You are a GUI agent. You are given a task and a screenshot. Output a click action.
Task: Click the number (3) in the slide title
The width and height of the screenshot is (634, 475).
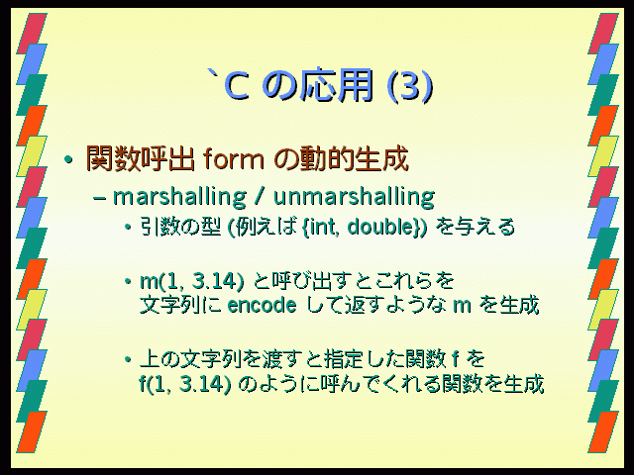coord(410,86)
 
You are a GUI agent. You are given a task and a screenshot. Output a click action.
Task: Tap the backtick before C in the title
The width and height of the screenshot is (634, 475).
coord(213,75)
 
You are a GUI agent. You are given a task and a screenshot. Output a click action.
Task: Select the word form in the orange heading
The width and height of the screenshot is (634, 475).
coord(234,158)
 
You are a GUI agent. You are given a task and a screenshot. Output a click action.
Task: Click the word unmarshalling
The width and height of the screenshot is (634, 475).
coord(355,197)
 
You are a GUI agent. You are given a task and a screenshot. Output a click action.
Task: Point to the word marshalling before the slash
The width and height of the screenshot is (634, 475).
coord(179,197)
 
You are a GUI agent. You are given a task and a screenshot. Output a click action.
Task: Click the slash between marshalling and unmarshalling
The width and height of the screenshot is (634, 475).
coord(260,197)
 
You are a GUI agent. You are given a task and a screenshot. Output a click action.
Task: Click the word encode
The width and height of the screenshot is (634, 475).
coord(262,305)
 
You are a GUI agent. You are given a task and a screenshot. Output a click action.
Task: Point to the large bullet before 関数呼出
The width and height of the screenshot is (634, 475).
coord(68,160)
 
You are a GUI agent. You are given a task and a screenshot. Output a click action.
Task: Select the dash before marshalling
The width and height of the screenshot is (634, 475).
coord(99,199)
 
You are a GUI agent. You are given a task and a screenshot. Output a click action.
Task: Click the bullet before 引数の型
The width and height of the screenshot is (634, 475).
coord(128,227)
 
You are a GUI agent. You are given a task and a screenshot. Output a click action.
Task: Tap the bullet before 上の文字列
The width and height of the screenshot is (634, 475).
coord(128,359)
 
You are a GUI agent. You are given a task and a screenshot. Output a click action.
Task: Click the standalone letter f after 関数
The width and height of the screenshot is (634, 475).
coord(456,359)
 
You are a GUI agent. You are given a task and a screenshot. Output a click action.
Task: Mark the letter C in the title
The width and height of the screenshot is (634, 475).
coord(237,86)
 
